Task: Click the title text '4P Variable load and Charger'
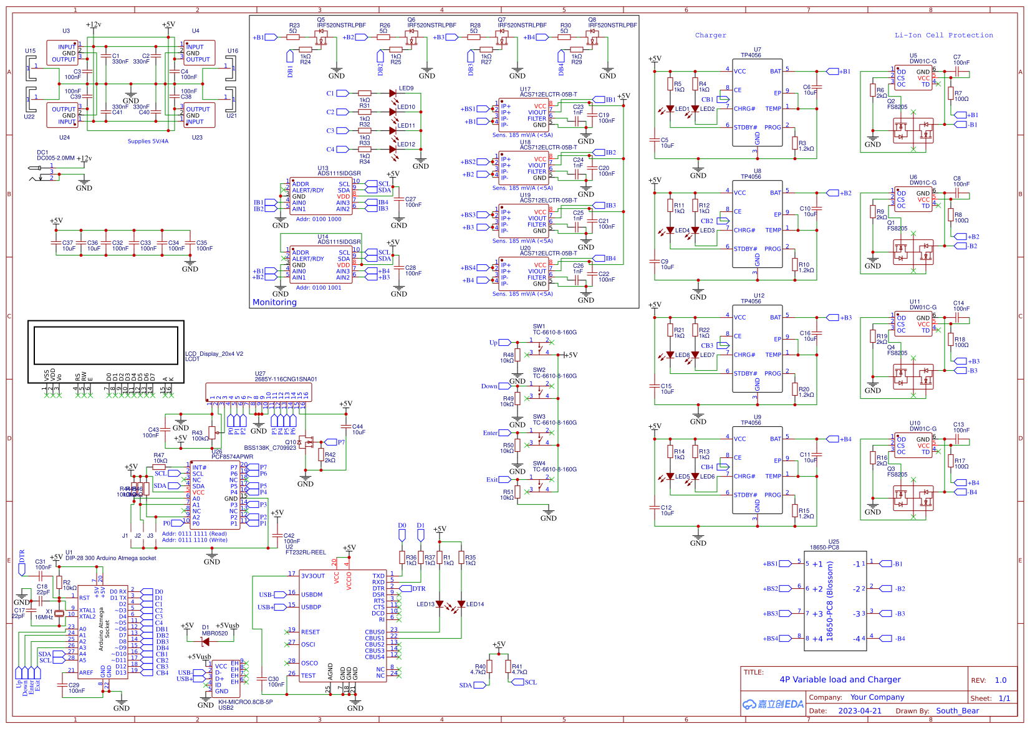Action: [840, 680]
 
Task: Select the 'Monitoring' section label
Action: [274, 302]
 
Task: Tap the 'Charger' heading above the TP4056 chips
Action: [710, 36]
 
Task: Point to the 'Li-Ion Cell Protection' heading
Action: [943, 36]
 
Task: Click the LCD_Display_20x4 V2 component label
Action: [214, 354]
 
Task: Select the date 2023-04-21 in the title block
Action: [860, 711]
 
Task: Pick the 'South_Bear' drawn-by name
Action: [957, 711]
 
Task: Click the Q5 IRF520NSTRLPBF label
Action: [341, 26]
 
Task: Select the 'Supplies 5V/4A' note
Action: [148, 141]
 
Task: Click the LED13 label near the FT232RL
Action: [425, 604]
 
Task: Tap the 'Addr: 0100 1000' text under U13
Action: [319, 219]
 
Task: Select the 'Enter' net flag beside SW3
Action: [490, 433]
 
